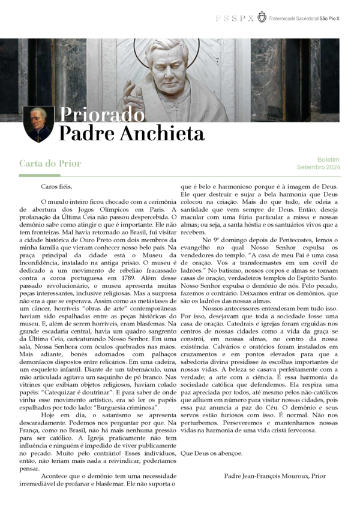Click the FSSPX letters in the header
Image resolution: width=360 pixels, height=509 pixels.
pos(235,19)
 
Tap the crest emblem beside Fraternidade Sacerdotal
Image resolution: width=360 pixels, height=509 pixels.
pos(262,17)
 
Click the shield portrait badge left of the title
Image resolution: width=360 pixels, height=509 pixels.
pos(38,124)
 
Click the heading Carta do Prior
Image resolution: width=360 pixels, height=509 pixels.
pos(50,163)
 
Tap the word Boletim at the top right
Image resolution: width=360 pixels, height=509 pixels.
pos(328,160)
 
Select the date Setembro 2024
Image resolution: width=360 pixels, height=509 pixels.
pos(318,167)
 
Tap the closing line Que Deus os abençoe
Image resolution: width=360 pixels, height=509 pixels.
pos(212,453)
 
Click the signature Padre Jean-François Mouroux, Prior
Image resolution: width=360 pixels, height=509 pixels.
pos(275,476)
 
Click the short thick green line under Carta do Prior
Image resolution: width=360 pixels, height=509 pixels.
pos(39,175)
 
